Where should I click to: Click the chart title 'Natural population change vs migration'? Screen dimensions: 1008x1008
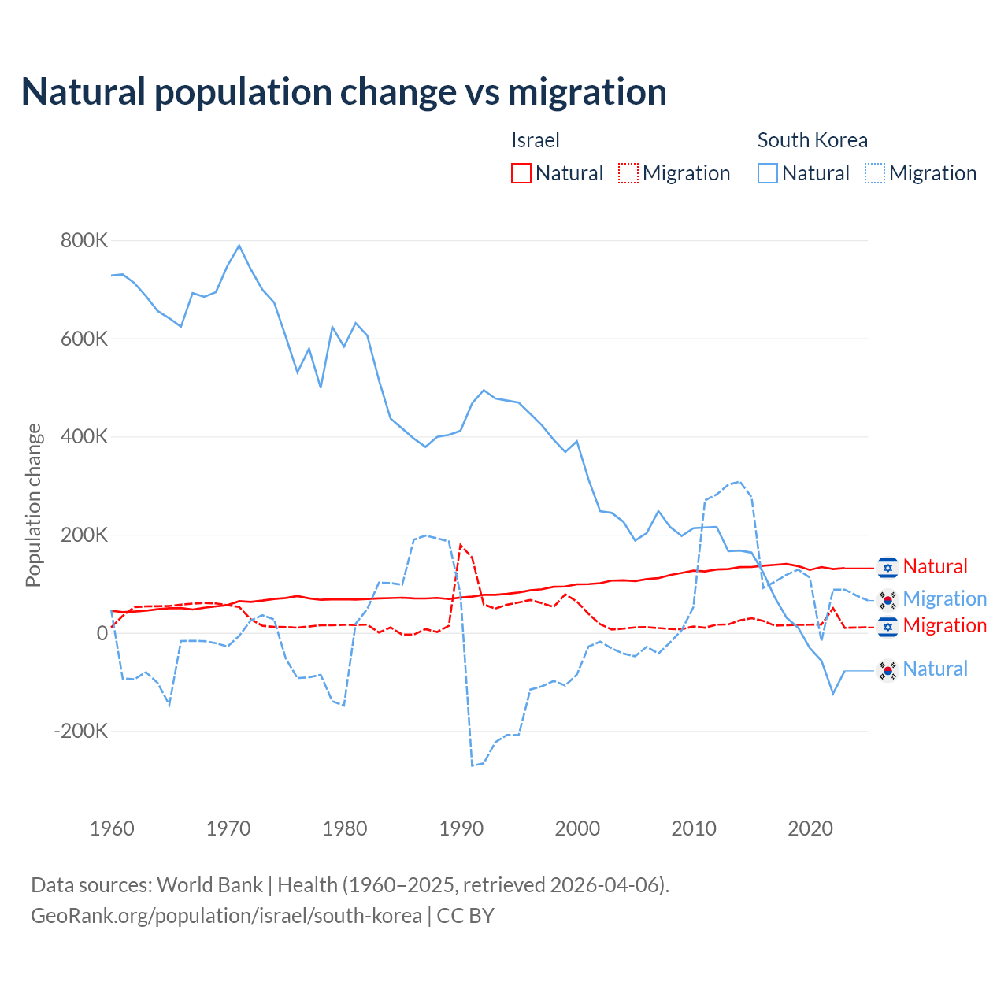pos(344,92)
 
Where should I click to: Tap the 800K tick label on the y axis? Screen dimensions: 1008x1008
pos(83,240)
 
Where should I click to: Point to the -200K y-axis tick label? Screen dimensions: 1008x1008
pos(80,731)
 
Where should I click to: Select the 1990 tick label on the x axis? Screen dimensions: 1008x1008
pos(461,828)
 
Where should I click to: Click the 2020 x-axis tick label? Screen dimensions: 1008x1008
pos(810,828)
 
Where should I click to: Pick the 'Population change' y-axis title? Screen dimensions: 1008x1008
pos(33,505)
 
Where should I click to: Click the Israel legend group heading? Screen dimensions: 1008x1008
pos(535,140)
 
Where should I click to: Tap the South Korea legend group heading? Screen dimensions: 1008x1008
pos(812,140)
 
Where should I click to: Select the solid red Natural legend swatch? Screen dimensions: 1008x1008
pos(521,173)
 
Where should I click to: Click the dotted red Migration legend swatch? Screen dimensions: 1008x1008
pos(628,173)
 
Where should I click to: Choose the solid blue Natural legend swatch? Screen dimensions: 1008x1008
pos(768,173)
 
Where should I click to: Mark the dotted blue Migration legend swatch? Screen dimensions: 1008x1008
pos(875,173)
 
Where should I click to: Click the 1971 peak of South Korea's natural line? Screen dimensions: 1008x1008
pos(239,246)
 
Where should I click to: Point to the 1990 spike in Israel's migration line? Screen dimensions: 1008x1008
pos(461,545)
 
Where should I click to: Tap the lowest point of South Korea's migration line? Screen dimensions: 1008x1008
pos(472,765)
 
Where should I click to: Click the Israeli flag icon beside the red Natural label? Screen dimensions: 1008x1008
pos(888,567)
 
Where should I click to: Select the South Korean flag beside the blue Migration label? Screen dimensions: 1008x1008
pos(888,599)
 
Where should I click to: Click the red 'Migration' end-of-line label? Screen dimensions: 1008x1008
pos(944,625)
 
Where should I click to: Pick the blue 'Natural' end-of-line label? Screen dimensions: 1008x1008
pos(935,669)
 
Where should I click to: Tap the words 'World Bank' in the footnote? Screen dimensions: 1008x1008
pos(209,885)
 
